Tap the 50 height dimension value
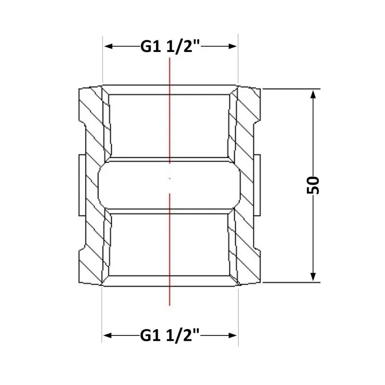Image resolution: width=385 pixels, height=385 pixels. click(x=313, y=185)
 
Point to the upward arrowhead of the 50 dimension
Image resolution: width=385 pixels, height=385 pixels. click(x=313, y=95)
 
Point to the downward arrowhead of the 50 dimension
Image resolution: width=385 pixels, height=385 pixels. click(x=313, y=276)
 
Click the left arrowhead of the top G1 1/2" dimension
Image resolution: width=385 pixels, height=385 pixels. click(x=109, y=46)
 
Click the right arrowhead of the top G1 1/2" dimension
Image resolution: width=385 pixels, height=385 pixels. click(x=232, y=46)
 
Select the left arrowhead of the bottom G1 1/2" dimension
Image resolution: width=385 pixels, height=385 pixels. click(x=108, y=335)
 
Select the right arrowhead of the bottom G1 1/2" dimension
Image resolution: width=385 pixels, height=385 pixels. click(x=232, y=335)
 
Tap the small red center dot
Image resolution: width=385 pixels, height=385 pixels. click(x=170, y=179)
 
